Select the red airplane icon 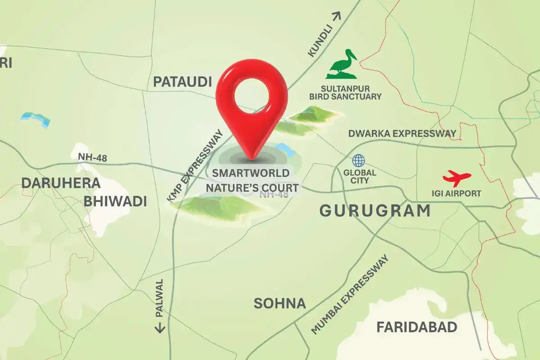457,178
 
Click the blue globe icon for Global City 359,161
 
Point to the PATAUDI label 182,82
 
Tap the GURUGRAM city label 374,211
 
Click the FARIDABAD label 417,327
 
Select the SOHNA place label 279,303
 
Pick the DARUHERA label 60,183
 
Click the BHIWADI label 115,201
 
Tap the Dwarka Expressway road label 402,134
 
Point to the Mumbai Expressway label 349,295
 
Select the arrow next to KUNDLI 337,16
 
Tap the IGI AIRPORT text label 456,193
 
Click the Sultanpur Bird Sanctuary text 345,92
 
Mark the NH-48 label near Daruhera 92,157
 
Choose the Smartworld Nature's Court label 255,180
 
